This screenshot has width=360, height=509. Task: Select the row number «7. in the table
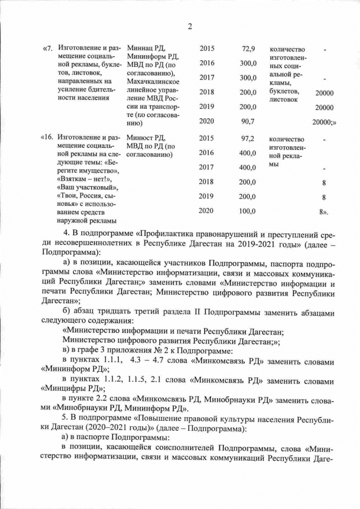click(x=48, y=48)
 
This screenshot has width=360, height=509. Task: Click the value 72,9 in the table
click(x=248, y=48)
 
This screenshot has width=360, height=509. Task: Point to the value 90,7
click(x=248, y=121)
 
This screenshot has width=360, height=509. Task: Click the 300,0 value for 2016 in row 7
click(x=246, y=63)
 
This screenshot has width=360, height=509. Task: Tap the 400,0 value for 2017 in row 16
click(x=246, y=167)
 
